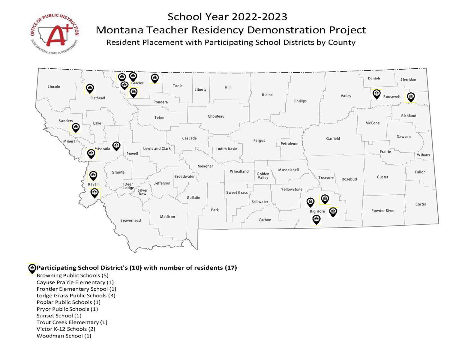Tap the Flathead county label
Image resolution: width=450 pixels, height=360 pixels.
coord(97,98)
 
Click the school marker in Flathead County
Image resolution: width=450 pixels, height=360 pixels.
coord(90,88)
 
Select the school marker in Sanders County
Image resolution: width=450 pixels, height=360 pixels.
coord(76,127)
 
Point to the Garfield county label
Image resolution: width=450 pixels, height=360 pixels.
coord(333,139)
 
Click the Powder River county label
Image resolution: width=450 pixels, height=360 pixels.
coord(383,211)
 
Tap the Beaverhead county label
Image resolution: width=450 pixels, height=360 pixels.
coord(130,220)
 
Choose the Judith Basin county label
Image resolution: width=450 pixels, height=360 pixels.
coord(226,149)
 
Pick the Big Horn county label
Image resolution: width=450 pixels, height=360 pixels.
coord(317,211)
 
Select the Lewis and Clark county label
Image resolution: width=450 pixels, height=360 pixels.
coord(157,148)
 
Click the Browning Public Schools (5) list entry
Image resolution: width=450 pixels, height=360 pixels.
coord(72,275)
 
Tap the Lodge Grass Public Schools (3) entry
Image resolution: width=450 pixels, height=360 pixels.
coord(76,295)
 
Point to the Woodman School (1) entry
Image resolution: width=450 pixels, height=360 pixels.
coord(64,336)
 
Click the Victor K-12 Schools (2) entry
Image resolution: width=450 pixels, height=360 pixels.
coord(66,329)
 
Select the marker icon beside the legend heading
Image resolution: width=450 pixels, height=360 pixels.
coord(32,268)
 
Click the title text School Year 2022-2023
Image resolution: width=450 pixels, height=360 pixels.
coord(227,17)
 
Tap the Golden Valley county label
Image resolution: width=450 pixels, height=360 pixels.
coord(263,176)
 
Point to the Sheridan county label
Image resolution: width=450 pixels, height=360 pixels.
coord(408,79)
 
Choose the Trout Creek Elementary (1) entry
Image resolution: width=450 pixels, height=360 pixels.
coord(72,322)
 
